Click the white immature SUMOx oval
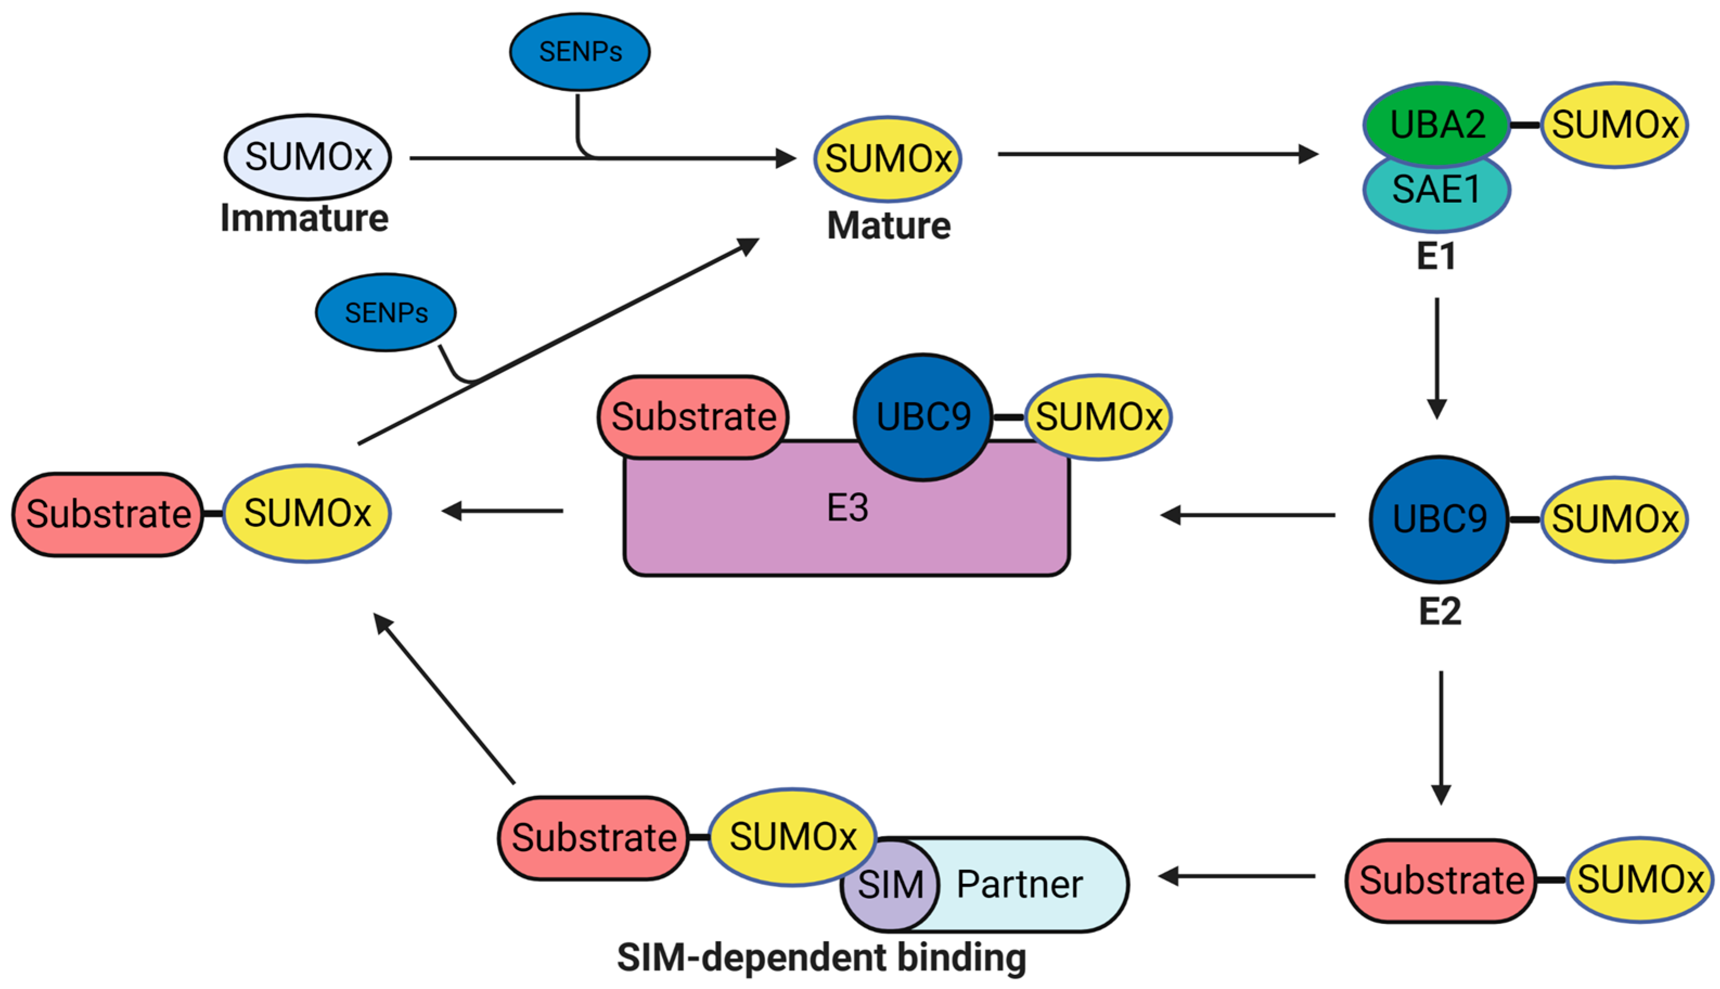click(x=307, y=157)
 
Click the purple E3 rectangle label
click(x=847, y=508)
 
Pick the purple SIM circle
click(x=890, y=884)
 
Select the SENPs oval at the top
click(x=580, y=52)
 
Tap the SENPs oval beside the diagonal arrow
click(x=386, y=312)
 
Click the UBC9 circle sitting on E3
click(x=923, y=417)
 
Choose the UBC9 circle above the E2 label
click(x=1439, y=519)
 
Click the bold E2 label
click(x=1440, y=611)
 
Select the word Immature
click(x=304, y=218)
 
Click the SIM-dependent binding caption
click(x=822, y=958)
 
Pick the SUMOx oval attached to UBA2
click(x=1615, y=125)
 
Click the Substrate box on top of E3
click(x=693, y=417)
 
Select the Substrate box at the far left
click(x=108, y=514)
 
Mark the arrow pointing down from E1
click(x=1437, y=358)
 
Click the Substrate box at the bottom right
click(x=1441, y=881)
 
